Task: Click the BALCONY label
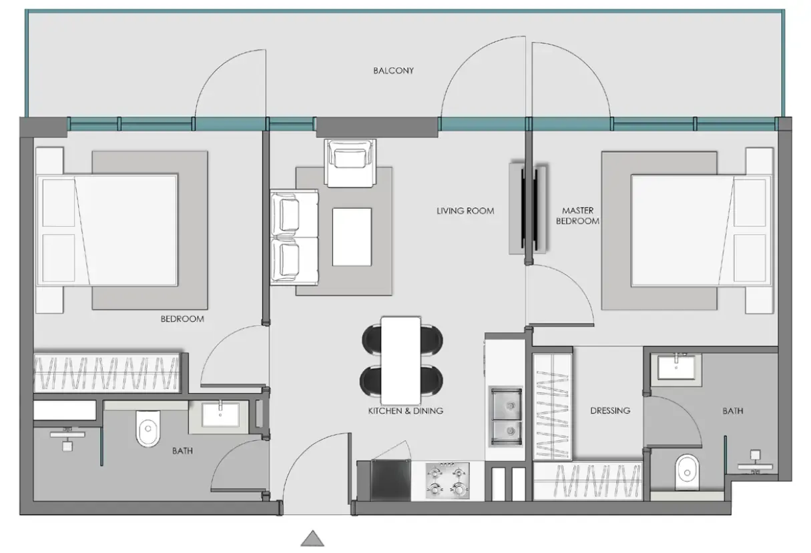[393, 70]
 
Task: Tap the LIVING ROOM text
[465, 211]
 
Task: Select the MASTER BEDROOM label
[577, 215]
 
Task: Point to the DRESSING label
[609, 410]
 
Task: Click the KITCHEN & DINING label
[405, 411]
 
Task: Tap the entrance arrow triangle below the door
[312, 538]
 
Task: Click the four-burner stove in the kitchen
[447, 480]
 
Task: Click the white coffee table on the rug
[351, 237]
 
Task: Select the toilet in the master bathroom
[686, 471]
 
